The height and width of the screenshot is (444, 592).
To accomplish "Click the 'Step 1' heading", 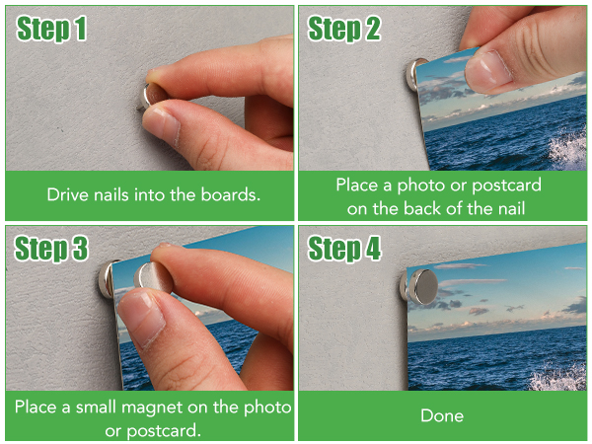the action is [x=51, y=29].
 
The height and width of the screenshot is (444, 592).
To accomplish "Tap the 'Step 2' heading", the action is [x=344, y=29].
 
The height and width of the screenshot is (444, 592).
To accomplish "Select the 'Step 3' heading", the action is [x=51, y=249].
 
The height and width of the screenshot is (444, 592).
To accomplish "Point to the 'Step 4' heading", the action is [x=344, y=249].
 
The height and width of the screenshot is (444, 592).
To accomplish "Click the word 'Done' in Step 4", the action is [x=442, y=415].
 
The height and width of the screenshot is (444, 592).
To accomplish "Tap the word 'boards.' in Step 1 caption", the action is [x=230, y=194].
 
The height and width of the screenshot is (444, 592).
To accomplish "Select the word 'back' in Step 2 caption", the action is [x=419, y=209].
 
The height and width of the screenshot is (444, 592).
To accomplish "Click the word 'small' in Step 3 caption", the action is [x=96, y=407].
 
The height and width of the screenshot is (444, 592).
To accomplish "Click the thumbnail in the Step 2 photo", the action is [x=487, y=71].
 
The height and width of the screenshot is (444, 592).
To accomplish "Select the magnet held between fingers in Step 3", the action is [x=153, y=277].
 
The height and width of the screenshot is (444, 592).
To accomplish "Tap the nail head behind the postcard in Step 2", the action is [x=413, y=74].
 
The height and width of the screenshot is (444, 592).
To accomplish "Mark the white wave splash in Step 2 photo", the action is [x=568, y=149].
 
